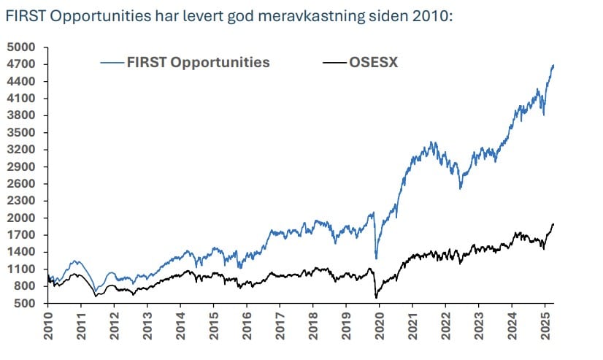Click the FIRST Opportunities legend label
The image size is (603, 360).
pos(198,62)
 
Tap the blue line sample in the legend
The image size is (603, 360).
pos(112,62)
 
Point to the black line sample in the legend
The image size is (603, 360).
pos(334,62)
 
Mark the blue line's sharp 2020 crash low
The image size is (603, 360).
pos(376,258)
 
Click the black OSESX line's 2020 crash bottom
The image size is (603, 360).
pos(376,297)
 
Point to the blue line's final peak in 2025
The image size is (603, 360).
pos(553,66)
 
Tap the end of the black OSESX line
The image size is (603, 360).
pos(553,224)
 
